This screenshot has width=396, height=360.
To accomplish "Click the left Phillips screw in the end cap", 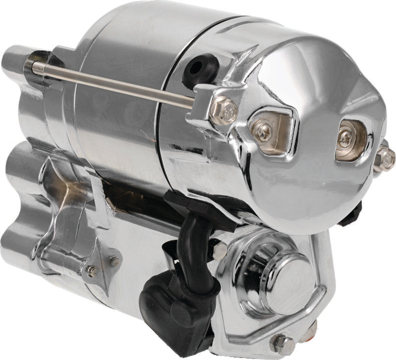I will [263, 130].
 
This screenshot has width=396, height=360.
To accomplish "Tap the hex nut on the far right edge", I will [385, 158].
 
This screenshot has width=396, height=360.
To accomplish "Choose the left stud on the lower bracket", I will [92, 270].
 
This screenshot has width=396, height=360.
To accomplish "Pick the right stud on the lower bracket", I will [114, 261].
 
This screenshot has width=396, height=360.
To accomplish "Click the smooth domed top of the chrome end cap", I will [307, 79].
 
